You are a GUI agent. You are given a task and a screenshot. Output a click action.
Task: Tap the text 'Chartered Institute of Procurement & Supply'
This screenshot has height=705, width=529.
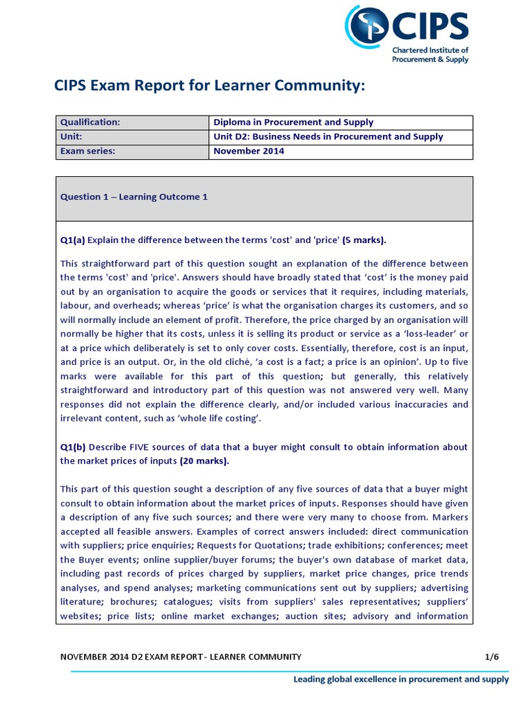click(430, 55)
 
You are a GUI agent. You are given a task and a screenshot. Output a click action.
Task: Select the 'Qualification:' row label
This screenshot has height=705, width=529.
click(90, 123)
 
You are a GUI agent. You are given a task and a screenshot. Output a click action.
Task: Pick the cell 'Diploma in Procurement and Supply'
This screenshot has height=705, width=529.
click(293, 123)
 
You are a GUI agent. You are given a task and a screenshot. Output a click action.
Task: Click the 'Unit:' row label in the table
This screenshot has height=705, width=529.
click(72, 137)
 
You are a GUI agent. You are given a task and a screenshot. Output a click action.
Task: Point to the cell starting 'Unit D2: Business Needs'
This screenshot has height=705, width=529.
click(328, 137)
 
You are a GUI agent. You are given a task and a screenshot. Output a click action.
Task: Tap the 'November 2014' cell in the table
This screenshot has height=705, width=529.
click(249, 151)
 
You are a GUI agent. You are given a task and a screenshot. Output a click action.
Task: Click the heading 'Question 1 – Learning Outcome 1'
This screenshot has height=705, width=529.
click(134, 197)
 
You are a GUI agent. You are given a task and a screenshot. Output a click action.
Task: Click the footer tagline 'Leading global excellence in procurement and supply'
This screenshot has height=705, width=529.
click(402, 680)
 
